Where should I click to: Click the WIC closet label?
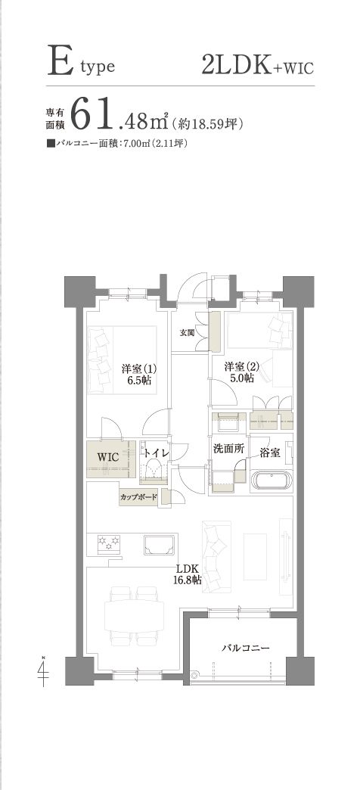pyautogui.click(x=107, y=458)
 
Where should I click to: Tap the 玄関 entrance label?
pyautogui.click(x=187, y=332)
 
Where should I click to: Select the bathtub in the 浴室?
pyautogui.click(x=272, y=481)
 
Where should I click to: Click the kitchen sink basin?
pyautogui.click(x=159, y=545)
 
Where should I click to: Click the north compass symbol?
pyautogui.click(x=44, y=672)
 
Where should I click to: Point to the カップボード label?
pyautogui.click(x=138, y=497)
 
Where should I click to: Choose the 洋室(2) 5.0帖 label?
pyautogui.click(x=242, y=372)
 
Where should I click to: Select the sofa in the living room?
pyautogui.click(x=216, y=555)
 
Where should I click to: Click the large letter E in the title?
pyautogui.click(x=60, y=62)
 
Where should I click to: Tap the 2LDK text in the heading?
pyautogui.click(x=237, y=65)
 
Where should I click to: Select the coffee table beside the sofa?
pyautogui.click(x=255, y=556)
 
